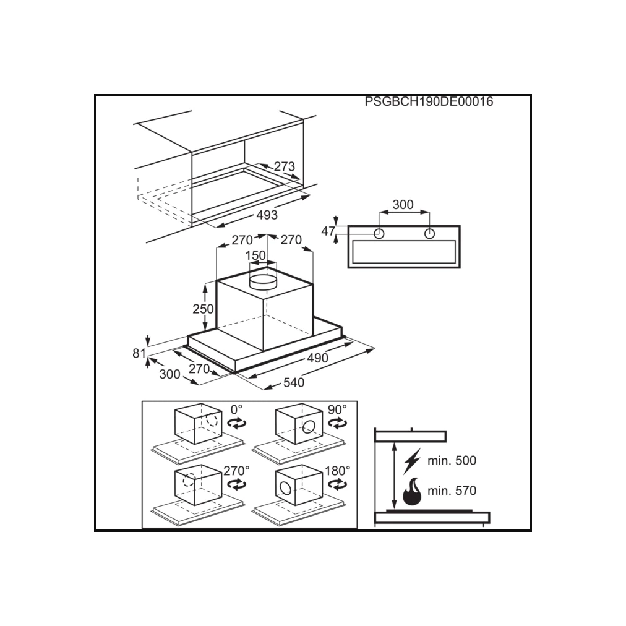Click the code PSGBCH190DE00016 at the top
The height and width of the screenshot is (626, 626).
pyautogui.click(x=429, y=102)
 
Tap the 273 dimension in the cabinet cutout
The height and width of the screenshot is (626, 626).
pyautogui.click(x=285, y=166)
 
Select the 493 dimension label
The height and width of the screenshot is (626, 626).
pyautogui.click(x=267, y=215)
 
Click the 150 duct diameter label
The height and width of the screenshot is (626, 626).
pyautogui.click(x=255, y=255)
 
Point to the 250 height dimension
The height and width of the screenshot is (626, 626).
pyautogui.click(x=204, y=309)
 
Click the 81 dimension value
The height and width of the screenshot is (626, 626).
pyautogui.click(x=139, y=353)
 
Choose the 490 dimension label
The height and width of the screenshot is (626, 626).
pyautogui.click(x=317, y=358)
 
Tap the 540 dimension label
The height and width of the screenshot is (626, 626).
pyautogui.click(x=294, y=382)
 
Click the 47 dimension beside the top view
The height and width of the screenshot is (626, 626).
pyautogui.click(x=328, y=231)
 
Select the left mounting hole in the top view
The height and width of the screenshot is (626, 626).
pyautogui.click(x=379, y=234)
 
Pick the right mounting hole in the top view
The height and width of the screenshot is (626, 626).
pyautogui.click(x=429, y=234)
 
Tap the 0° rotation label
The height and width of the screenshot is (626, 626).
pyautogui.click(x=236, y=410)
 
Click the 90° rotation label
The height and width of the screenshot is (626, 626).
pyautogui.click(x=337, y=410)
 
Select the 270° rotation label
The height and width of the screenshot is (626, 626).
pyautogui.click(x=236, y=471)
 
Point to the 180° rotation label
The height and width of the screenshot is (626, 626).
pyautogui.click(x=337, y=471)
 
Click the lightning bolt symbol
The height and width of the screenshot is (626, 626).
pyautogui.click(x=413, y=461)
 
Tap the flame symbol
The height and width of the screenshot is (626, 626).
pyautogui.click(x=412, y=491)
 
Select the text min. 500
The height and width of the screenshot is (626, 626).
pyautogui.click(x=452, y=461)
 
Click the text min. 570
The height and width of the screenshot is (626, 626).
pyautogui.click(x=452, y=491)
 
